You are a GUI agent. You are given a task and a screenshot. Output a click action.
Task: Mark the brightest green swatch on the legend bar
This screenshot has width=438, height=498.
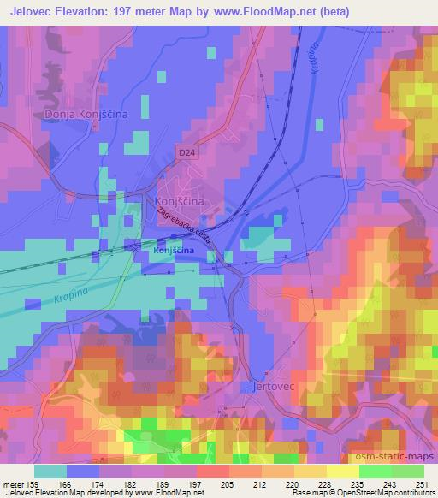tap(376, 471)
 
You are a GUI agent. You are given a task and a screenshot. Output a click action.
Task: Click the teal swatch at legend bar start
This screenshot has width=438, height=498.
tap(50, 471)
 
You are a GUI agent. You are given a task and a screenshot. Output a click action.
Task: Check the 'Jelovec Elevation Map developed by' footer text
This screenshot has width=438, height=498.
tap(60, 493)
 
